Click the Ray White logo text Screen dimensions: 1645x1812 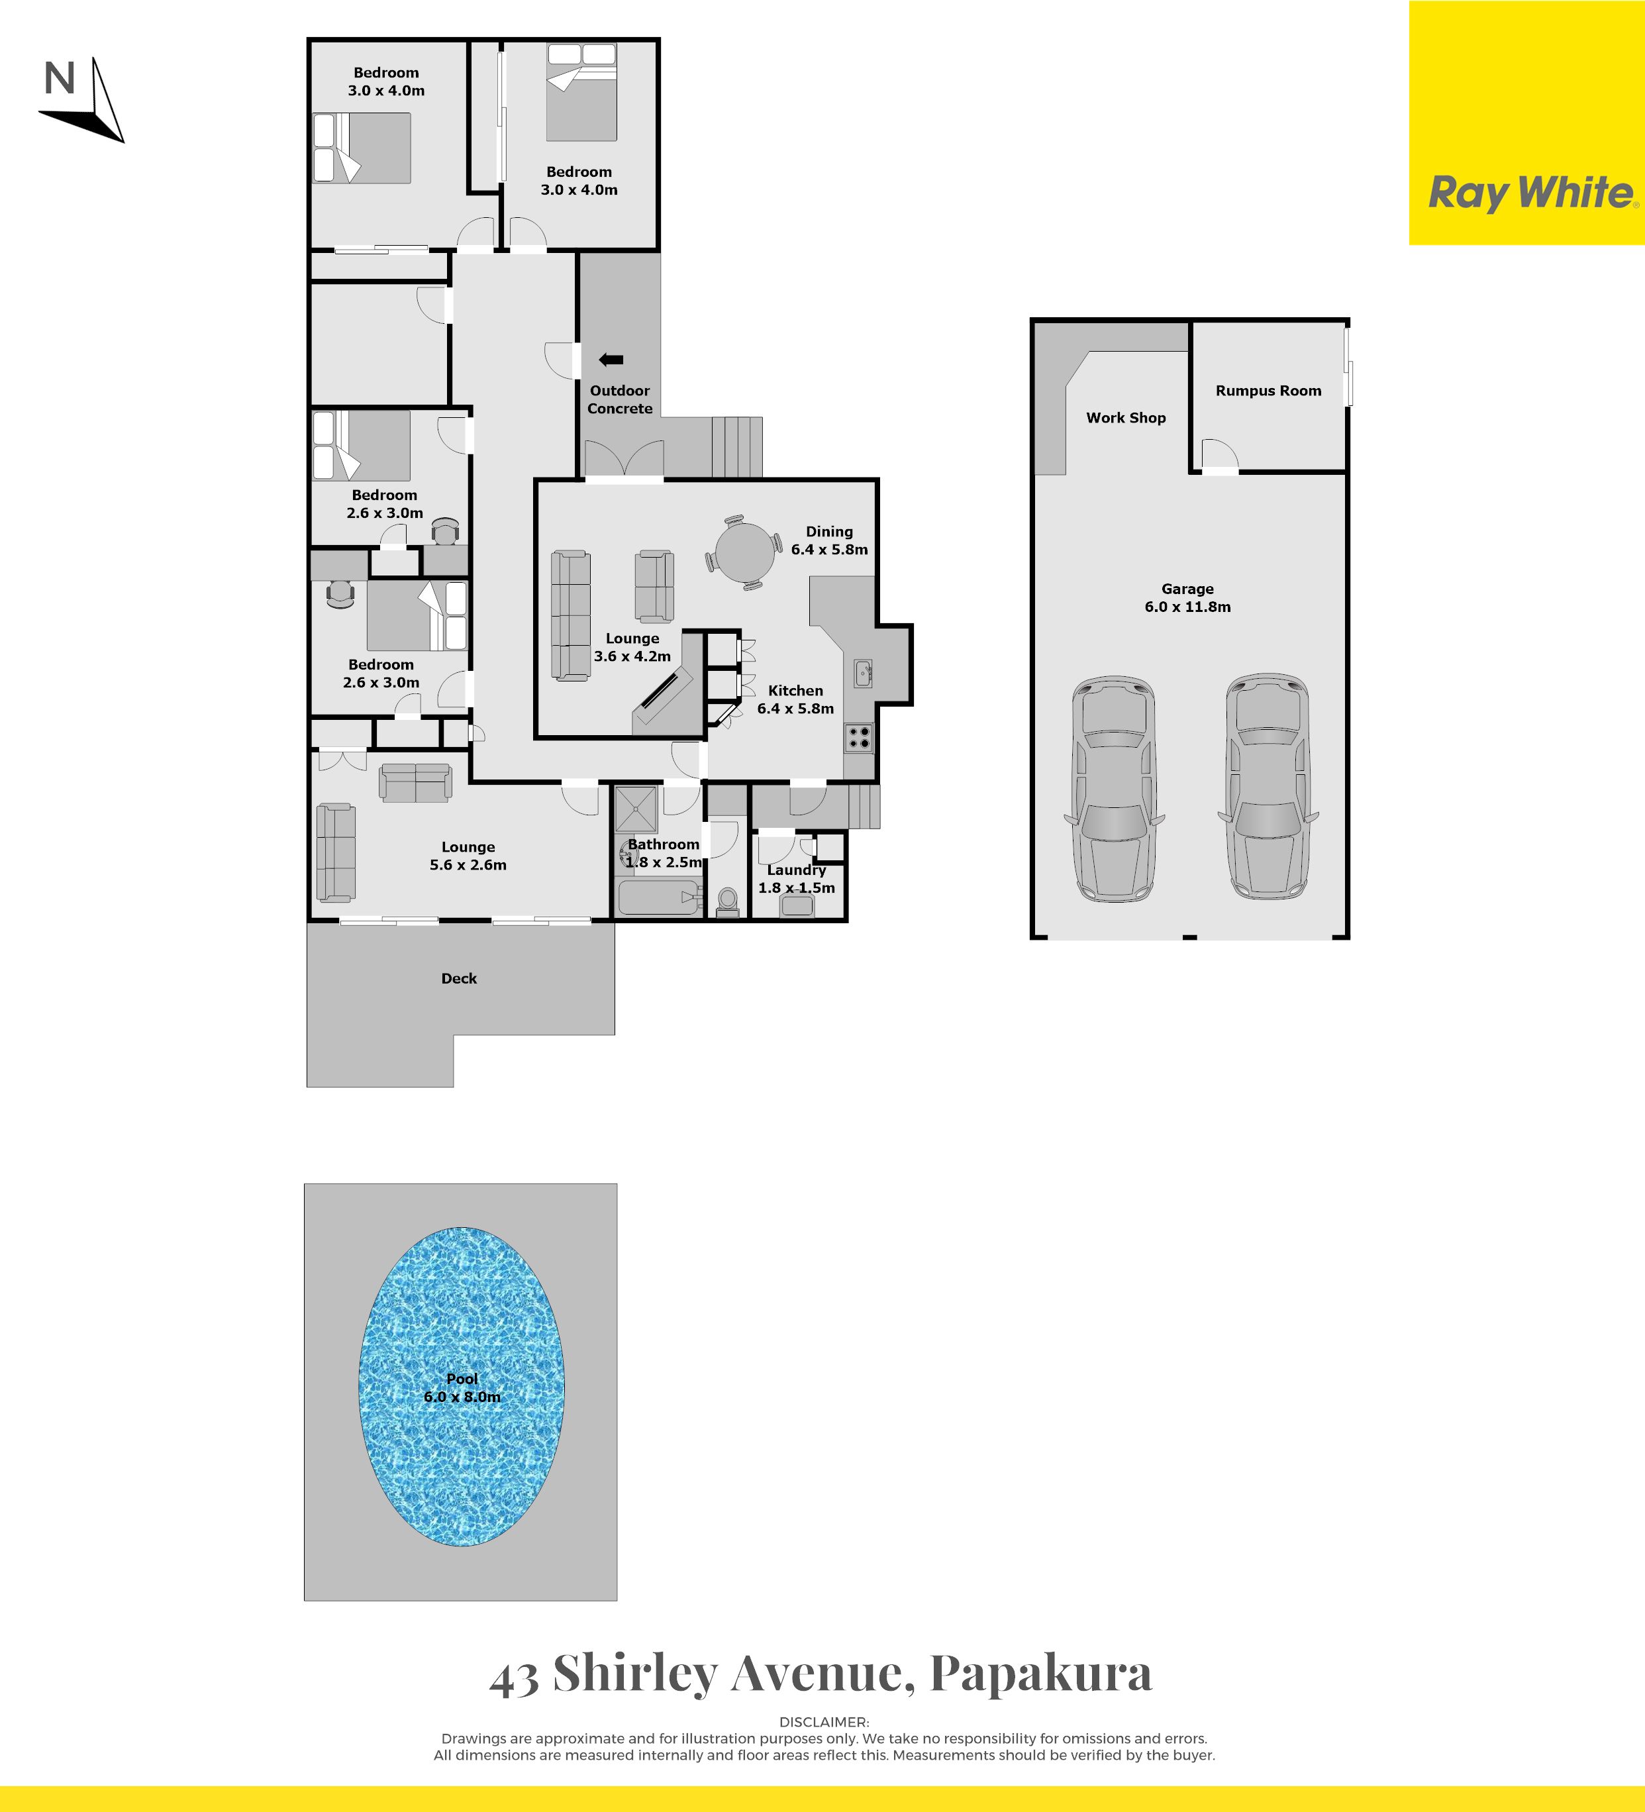coord(1532,194)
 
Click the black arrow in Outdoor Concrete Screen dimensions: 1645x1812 coord(611,360)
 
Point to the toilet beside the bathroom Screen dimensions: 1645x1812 coord(727,901)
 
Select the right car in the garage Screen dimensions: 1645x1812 coord(1268,787)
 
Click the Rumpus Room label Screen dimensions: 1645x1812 coord(1268,391)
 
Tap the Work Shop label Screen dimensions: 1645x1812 coord(1125,418)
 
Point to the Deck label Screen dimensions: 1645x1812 coord(458,979)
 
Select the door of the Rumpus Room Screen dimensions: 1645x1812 coord(1220,456)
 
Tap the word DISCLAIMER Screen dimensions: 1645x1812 coord(823,1722)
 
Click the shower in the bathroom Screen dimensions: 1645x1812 coord(636,809)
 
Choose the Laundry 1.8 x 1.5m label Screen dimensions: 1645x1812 coord(797,879)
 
